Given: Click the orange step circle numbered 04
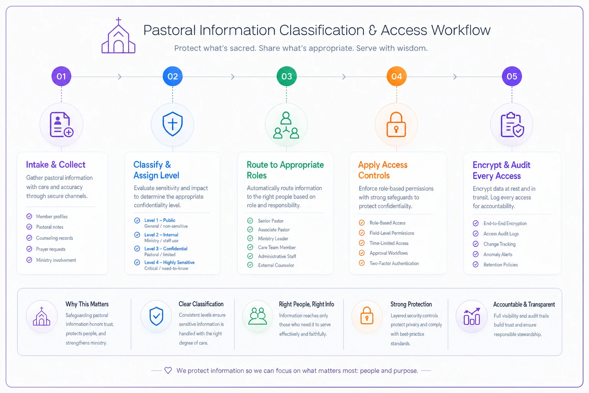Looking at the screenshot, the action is coord(397,76).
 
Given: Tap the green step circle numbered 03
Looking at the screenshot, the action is coord(286,76).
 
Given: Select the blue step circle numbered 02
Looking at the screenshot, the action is coord(173,76).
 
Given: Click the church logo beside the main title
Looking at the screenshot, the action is coord(118,36).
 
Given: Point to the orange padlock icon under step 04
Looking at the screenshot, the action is coord(396,124).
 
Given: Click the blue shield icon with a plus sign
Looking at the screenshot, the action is coord(173,124).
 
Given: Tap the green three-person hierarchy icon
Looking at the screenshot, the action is coord(286,125).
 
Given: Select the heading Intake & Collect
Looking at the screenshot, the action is coord(56,165).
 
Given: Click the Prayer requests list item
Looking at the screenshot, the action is coord(51,249).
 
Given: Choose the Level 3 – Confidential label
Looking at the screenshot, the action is coord(166,248).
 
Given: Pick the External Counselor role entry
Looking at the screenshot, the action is coord(276,265).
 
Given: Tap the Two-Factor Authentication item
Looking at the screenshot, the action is coord(394,263).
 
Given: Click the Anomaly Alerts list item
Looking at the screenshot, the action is coord(498,254).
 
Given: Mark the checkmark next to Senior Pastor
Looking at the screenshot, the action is coord(250,221).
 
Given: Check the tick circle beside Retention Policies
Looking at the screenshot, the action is coord(475,264).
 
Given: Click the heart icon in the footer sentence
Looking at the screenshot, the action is coord(168,370).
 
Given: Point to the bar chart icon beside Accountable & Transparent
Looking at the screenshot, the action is coord(472,316).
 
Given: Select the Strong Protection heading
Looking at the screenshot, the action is coord(411,304).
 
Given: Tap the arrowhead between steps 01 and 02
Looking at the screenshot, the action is coord(120,77).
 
